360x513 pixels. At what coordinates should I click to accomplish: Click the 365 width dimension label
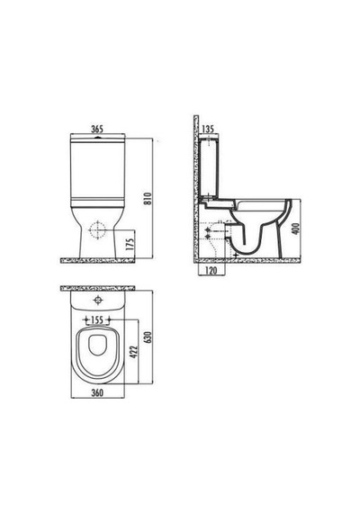click(x=97, y=129)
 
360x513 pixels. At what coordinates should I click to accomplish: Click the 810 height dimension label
click(x=148, y=198)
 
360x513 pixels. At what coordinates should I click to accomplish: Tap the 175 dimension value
click(x=130, y=244)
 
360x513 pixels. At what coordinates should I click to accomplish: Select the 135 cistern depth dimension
click(x=208, y=129)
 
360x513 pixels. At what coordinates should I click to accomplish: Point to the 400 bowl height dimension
click(x=295, y=229)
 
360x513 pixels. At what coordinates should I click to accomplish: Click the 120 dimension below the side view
click(x=211, y=271)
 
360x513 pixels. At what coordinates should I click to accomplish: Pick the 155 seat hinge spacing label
click(x=97, y=319)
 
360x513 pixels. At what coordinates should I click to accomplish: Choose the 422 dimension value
click(x=134, y=351)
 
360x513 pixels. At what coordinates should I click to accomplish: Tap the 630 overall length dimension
click(x=148, y=337)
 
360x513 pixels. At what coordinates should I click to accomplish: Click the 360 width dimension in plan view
click(x=97, y=392)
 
